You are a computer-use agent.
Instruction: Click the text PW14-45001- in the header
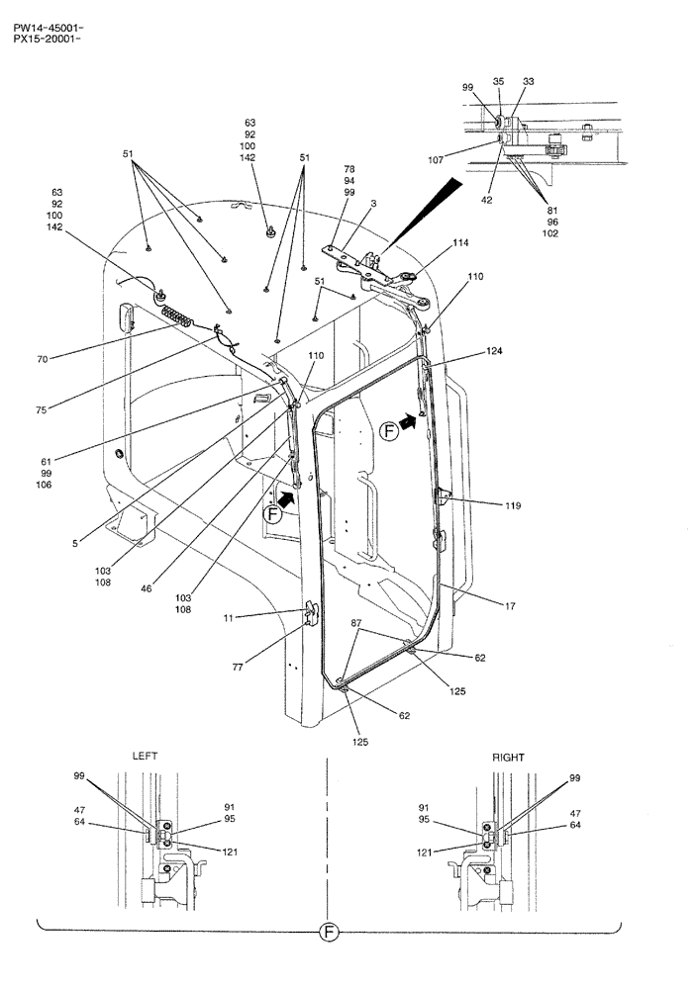(43, 16)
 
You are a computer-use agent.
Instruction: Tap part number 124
(493, 353)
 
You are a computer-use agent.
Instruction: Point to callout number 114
(460, 242)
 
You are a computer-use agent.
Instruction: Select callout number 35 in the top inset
(498, 81)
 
